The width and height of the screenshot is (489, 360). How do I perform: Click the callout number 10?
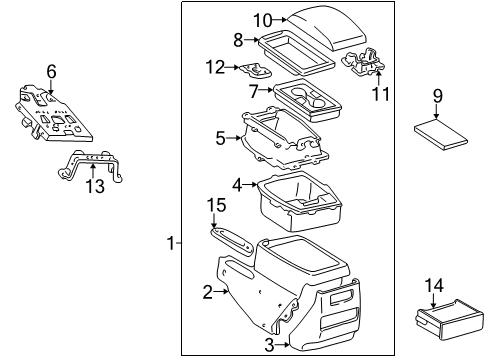pyautogui.click(x=262, y=19)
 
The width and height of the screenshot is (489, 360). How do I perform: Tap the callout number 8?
pyautogui.click(x=238, y=40)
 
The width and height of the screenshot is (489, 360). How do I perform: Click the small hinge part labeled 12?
pyautogui.click(x=254, y=69)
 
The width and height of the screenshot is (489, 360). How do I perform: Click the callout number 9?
pyautogui.click(x=437, y=96)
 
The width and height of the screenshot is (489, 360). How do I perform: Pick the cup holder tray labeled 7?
pyautogui.click(x=308, y=99)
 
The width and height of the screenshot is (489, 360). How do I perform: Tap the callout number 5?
pyautogui.click(x=220, y=138)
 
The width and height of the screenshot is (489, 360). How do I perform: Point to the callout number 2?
pyautogui.click(x=208, y=292)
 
